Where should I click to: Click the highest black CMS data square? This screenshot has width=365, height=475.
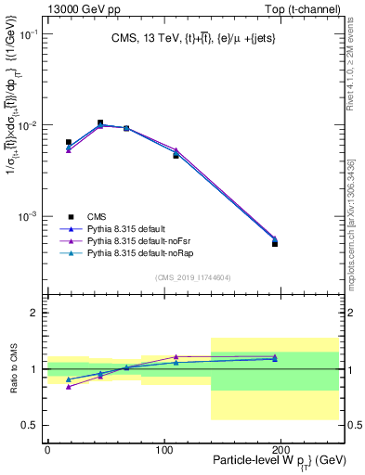(x=100, y=122)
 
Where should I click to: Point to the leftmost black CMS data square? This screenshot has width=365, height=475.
(x=69, y=142)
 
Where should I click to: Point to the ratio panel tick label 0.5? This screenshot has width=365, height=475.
(x=28, y=425)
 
